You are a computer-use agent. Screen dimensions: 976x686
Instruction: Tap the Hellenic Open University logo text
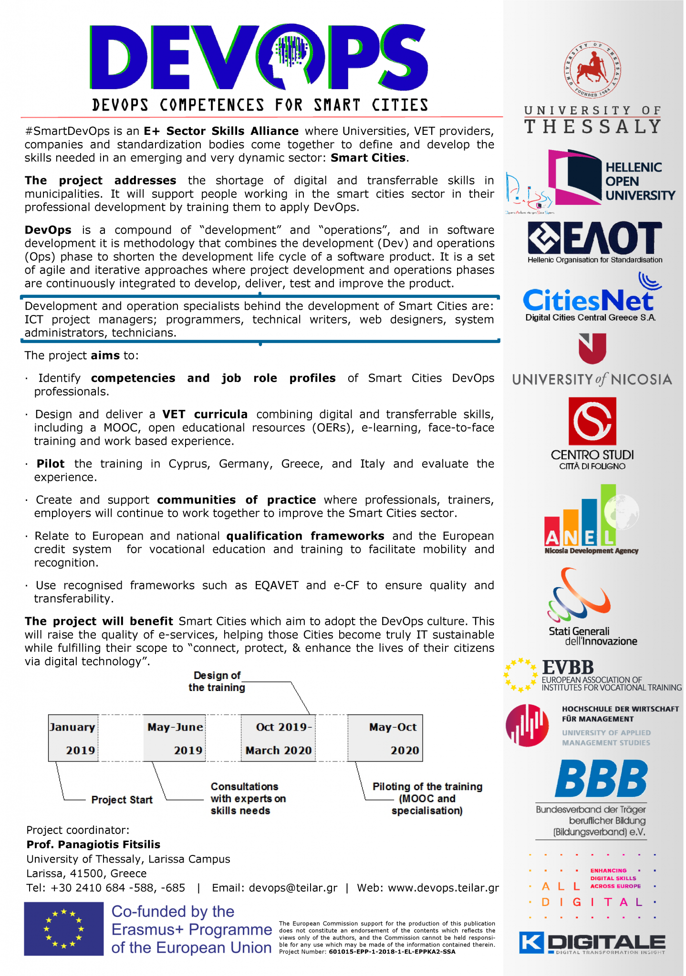640,182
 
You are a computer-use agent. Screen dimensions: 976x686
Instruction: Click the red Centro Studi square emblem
592,421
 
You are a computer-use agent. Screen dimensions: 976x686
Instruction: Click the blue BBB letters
601,779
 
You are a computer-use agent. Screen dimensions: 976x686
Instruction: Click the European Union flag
64,928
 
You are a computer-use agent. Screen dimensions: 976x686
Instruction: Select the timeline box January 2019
73,738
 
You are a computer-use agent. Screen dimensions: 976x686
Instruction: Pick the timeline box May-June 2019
175,738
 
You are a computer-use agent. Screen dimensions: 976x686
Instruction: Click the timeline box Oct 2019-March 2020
279,738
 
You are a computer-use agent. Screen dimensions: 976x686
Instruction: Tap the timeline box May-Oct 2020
385,738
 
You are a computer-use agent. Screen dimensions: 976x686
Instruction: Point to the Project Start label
122,800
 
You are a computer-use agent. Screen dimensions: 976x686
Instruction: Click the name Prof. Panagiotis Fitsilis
94,844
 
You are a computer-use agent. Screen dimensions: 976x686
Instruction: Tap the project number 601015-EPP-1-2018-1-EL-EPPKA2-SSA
392,952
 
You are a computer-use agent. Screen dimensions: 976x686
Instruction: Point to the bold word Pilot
51,464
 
